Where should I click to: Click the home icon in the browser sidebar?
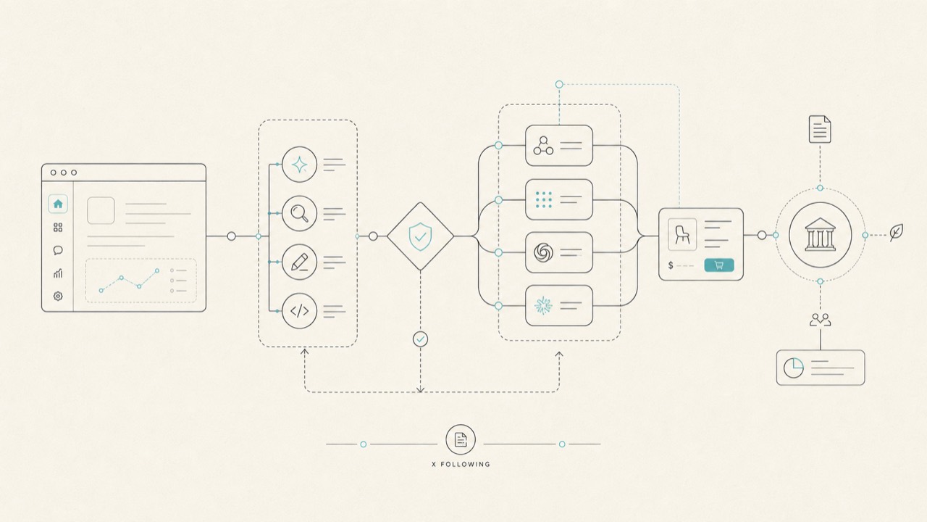point(58,204)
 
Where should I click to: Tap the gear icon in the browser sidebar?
point(58,296)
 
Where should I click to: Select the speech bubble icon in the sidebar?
point(58,250)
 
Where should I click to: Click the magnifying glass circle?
point(299,213)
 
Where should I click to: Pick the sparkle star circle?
point(299,165)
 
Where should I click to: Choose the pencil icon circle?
point(299,262)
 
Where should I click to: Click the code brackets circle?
point(299,311)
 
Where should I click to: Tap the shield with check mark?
point(420,236)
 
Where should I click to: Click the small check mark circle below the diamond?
point(421,339)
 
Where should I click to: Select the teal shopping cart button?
point(719,265)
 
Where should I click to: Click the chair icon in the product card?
point(682,234)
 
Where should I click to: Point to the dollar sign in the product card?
point(671,265)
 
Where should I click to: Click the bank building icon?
point(821,234)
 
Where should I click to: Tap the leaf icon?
point(897,233)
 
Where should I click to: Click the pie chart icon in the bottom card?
point(793,368)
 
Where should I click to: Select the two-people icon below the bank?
point(821,320)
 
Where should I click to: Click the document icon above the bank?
point(820,129)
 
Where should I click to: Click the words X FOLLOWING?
point(461,465)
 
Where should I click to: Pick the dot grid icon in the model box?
point(543,199)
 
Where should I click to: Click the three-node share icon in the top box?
point(543,146)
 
